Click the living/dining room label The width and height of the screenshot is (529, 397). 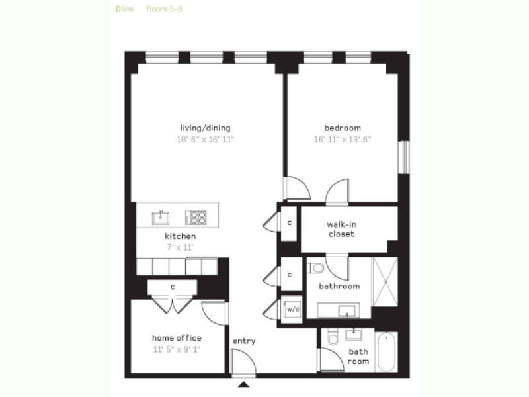(x=205, y=128)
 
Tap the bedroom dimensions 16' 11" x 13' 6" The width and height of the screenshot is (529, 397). (x=342, y=140)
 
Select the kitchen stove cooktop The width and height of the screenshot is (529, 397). (x=196, y=218)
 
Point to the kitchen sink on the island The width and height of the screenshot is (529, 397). (x=160, y=218)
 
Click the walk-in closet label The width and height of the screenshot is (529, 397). (x=341, y=229)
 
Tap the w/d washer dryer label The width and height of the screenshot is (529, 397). (x=292, y=309)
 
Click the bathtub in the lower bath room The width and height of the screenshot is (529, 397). (x=386, y=352)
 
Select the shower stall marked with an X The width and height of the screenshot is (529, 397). (x=385, y=282)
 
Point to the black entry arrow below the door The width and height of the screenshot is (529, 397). (x=243, y=384)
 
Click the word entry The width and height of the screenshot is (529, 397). (x=244, y=341)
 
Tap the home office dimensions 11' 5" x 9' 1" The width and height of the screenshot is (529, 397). (x=177, y=349)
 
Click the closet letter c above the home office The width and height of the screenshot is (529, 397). (x=173, y=287)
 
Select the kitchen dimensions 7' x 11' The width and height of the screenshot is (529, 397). (x=180, y=247)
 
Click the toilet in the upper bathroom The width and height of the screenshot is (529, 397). (x=317, y=268)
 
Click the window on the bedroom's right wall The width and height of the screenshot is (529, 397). (x=404, y=157)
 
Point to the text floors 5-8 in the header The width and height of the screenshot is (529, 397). (x=164, y=9)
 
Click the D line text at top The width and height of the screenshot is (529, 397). (x=124, y=9)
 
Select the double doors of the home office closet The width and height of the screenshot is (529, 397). (x=173, y=305)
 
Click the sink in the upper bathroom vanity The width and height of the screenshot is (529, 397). (x=346, y=310)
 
